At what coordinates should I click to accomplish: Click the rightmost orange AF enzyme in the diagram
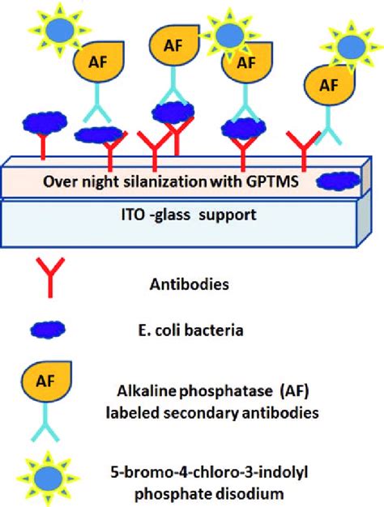[x=327, y=83]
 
